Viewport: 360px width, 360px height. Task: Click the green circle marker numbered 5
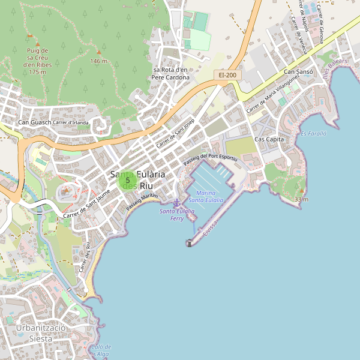click(128, 180)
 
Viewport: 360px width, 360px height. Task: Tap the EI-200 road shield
click(227, 75)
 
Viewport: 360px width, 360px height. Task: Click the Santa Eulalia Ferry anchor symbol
click(176, 203)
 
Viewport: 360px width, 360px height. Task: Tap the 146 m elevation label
click(99, 61)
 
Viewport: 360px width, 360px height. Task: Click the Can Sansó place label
click(298, 72)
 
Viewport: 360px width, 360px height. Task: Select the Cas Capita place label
click(269, 139)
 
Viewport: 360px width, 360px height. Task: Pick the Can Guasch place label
click(34, 123)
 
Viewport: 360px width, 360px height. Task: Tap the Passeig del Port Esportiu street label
click(211, 159)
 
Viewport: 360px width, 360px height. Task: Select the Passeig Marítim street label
click(142, 201)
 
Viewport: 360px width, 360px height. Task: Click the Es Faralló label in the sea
click(313, 133)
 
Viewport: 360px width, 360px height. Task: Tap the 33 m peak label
click(301, 199)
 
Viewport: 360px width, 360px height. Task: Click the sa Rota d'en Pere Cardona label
click(170, 73)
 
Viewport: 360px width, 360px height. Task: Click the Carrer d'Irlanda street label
click(71, 123)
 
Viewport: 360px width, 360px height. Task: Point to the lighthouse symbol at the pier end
click(190, 243)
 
